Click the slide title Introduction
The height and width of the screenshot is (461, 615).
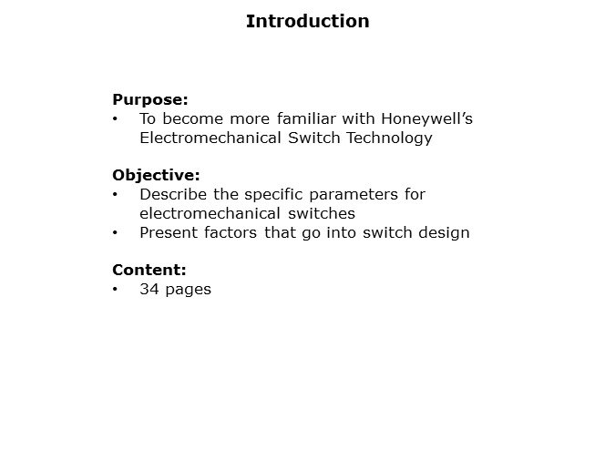coord(307,21)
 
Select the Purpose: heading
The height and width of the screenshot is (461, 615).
coord(150,99)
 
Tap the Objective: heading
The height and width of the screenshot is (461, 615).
coord(156,175)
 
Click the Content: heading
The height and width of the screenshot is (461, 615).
coord(149,270)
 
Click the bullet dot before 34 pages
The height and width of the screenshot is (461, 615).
coord(115,290)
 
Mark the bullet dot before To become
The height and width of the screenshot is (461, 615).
coord(115,119)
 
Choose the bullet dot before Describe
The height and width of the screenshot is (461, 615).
coord(115,194)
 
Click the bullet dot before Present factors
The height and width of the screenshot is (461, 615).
coord(115,232)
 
